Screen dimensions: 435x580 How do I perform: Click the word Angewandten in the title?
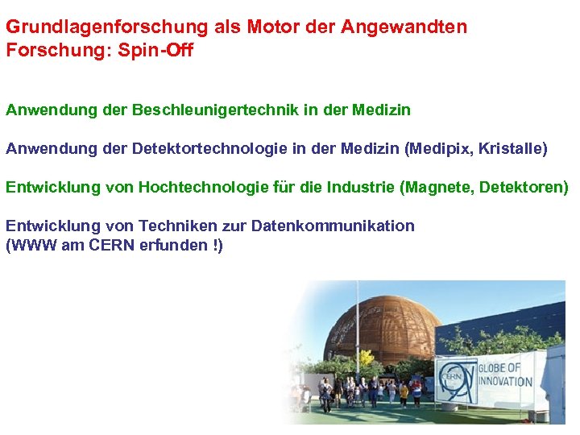[404, 27]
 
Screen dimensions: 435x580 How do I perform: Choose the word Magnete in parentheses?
[440, 188]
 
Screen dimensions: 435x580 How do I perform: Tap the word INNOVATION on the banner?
[506, 381]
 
